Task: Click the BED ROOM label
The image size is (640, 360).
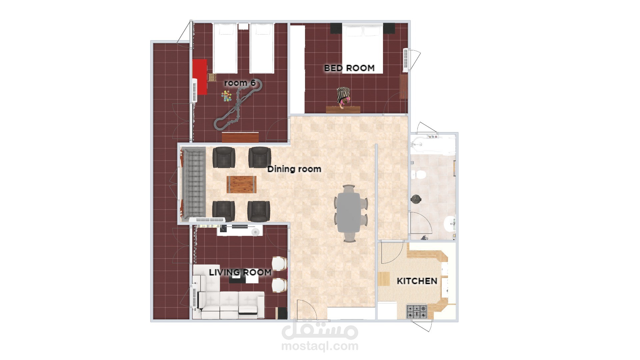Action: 349,68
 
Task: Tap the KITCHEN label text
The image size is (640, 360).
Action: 417,281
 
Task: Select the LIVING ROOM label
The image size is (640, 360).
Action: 240,272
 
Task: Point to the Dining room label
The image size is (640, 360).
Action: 294,169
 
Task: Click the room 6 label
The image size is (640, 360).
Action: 240,83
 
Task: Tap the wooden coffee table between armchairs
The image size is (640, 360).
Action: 242,185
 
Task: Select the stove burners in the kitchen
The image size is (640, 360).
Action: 417,312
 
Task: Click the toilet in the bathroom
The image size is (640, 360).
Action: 418,174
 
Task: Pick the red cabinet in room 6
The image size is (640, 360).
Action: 200,77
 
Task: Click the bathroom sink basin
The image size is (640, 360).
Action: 450,224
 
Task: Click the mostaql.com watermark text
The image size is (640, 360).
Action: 320,346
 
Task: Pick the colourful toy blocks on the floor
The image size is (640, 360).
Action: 227,97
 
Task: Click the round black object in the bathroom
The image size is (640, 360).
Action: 416,199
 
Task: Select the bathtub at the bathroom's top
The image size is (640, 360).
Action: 433,144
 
